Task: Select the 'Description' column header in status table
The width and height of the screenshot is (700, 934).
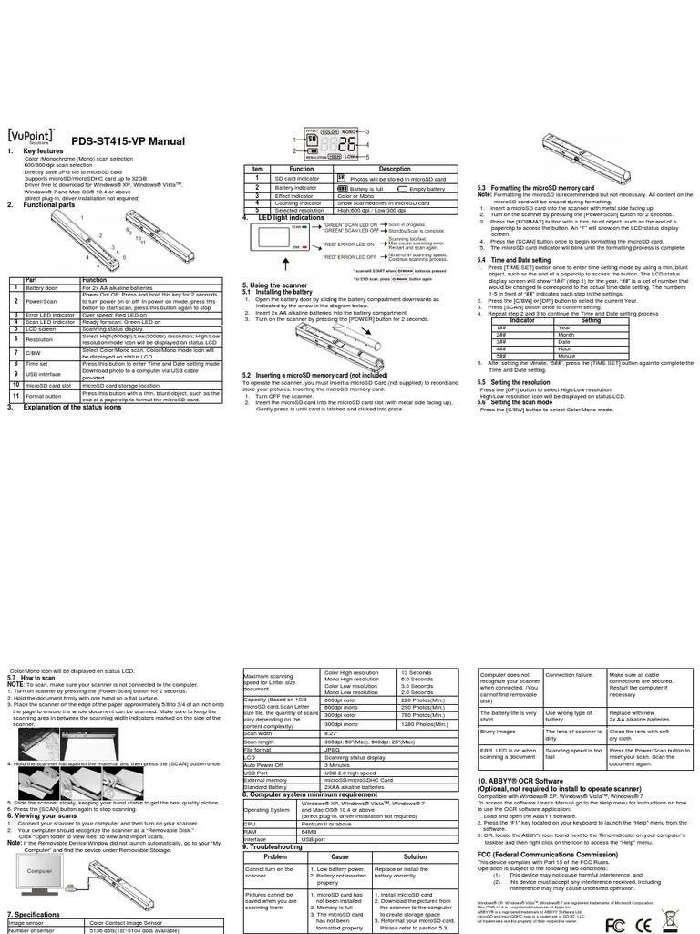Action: (395, 169)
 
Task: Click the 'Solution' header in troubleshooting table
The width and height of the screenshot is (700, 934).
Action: (415, 856)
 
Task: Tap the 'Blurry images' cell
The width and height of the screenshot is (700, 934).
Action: (497, 732)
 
